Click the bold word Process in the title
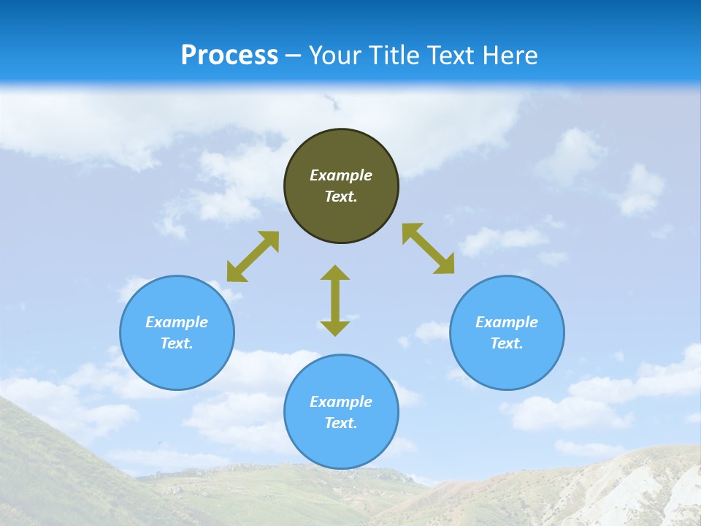229,56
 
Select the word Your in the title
334,56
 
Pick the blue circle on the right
507,362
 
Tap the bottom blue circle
341,446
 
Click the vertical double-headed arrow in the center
335,300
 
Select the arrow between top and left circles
253,256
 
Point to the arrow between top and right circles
429,248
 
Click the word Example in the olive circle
341,175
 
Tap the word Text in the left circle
177,343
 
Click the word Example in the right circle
507,322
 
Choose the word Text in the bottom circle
341,423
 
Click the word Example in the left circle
177,322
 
